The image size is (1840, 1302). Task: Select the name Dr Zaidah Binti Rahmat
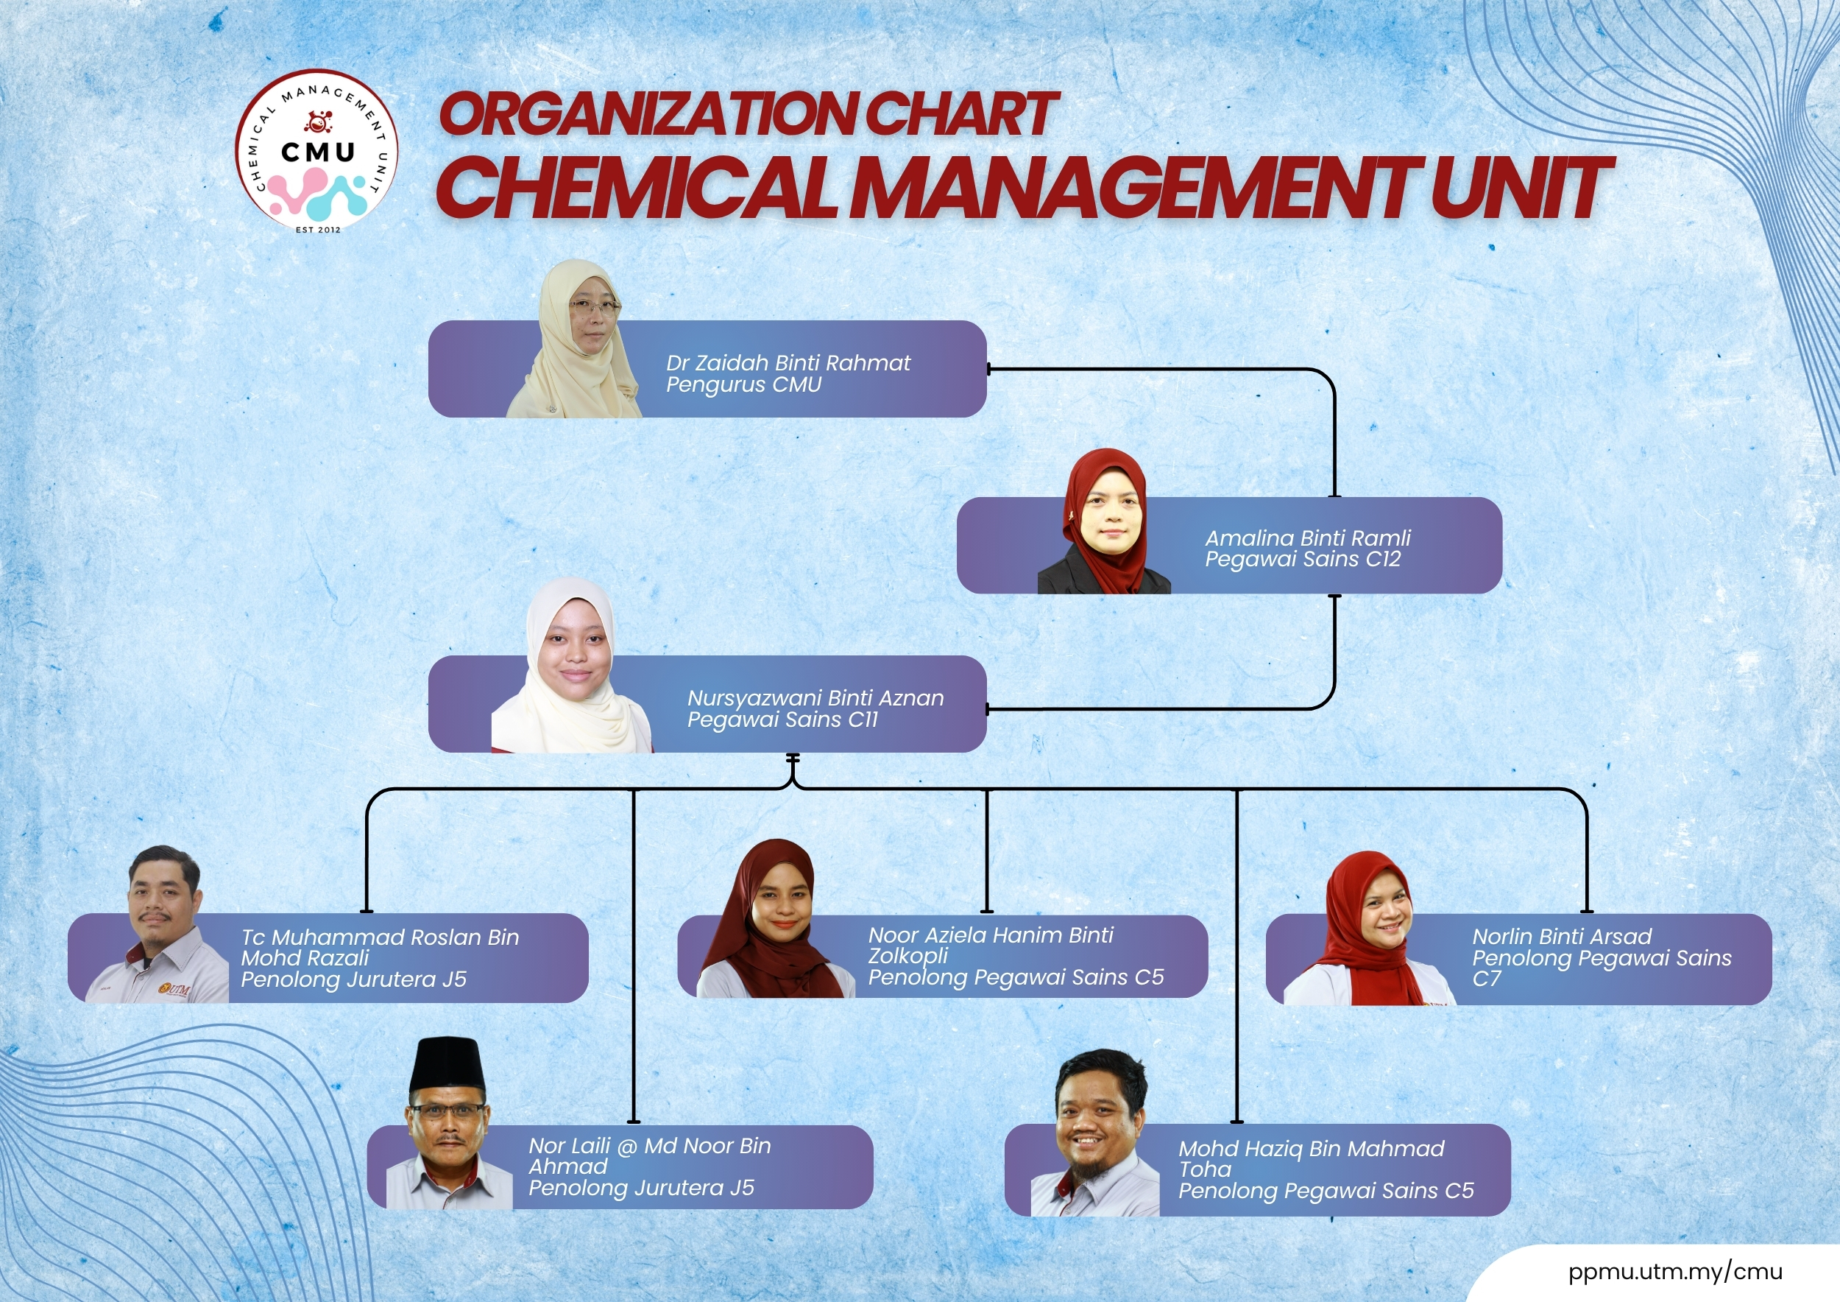tap(788, 363)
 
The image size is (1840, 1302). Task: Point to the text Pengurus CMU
tap(743, 385)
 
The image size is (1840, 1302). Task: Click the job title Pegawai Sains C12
tap(1302, 560)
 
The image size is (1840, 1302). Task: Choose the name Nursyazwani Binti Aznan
tap(815, 698)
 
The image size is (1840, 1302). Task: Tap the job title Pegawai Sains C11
tap(782, 720)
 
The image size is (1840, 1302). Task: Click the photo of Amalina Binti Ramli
tap(1104, 522)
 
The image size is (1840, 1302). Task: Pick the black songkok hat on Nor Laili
tap(447, 1063)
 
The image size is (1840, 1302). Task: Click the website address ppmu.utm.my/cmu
tap(1676, 1272)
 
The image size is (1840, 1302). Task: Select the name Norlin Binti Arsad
tap(1562, 937)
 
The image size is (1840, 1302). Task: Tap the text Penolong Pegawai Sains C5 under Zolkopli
tap(1016, 977)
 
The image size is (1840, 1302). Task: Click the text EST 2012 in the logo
tap(318, 229)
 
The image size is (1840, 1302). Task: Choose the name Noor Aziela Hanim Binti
tap(991, 935)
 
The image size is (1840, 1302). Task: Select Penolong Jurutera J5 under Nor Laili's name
tap(641, 1188)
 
